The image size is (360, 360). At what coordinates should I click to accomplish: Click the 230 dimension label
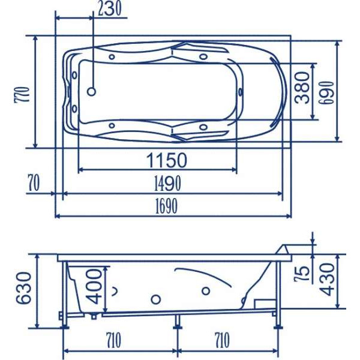110,9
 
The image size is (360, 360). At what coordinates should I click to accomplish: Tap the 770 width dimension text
22,94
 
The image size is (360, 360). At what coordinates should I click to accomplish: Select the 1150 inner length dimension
167,160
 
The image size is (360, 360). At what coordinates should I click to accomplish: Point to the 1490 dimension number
167,183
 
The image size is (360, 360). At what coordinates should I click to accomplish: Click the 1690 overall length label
167,206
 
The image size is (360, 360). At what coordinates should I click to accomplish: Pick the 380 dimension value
302,88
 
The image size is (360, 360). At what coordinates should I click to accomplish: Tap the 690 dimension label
327,93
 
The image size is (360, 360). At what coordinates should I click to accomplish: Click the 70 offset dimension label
34,183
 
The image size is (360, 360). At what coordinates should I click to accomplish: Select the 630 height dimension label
23,288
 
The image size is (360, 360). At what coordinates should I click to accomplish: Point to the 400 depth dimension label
94,287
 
